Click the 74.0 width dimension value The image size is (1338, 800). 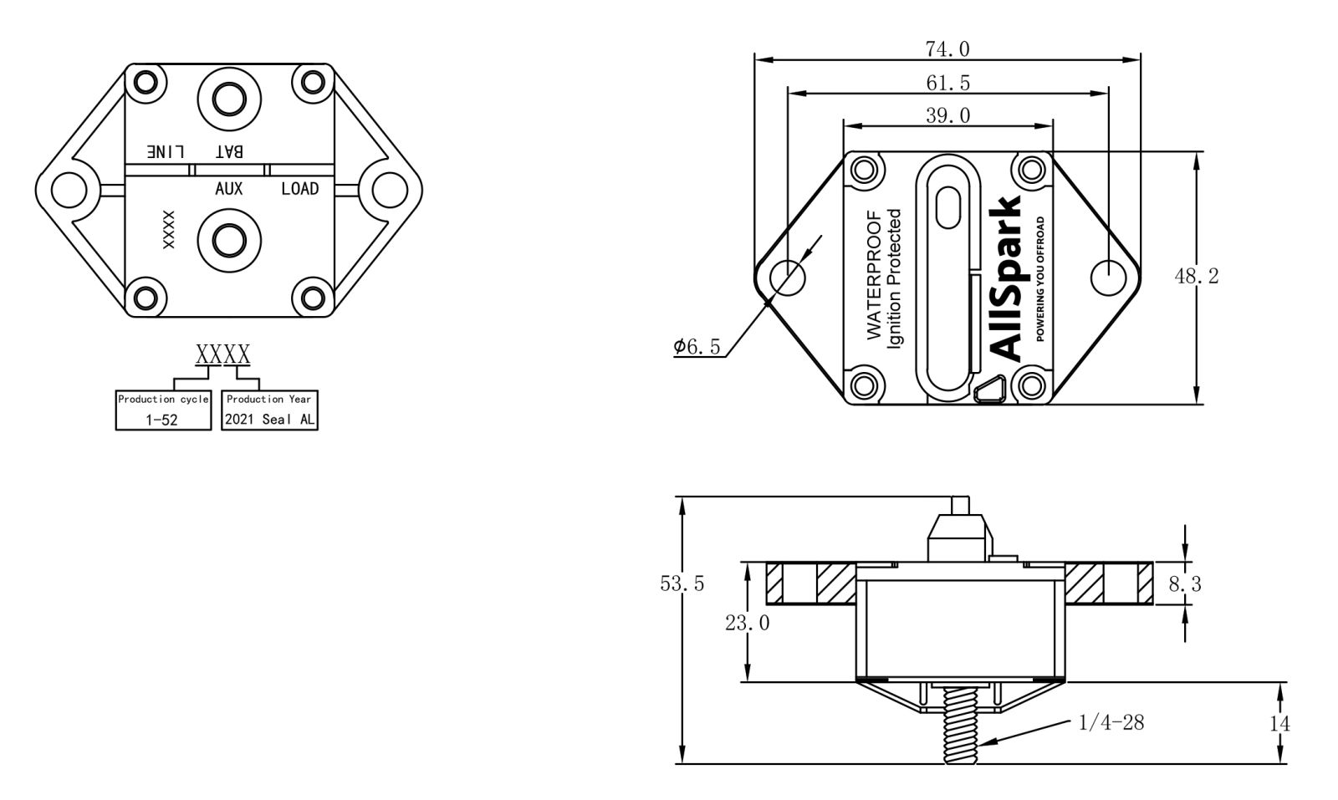(947, 49)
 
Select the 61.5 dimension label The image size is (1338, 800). (947, 83)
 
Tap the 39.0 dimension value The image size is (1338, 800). (947, 115)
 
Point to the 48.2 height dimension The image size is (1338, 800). (1196, 276)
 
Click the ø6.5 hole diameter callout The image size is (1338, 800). (697, 347)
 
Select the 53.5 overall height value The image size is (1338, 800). (682, 583)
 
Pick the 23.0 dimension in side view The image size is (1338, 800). (747, 623)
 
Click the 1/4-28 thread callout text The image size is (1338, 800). (1111, 722)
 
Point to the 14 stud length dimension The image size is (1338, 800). (1279, 723)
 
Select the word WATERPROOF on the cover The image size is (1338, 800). (875, 276)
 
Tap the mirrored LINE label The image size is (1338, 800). (166, 151)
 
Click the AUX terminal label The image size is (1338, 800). (228, 189)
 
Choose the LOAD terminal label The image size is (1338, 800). (299, 189)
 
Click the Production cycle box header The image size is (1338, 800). (163, 400)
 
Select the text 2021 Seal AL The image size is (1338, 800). (269, 420)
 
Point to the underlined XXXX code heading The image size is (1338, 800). (222, 354)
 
